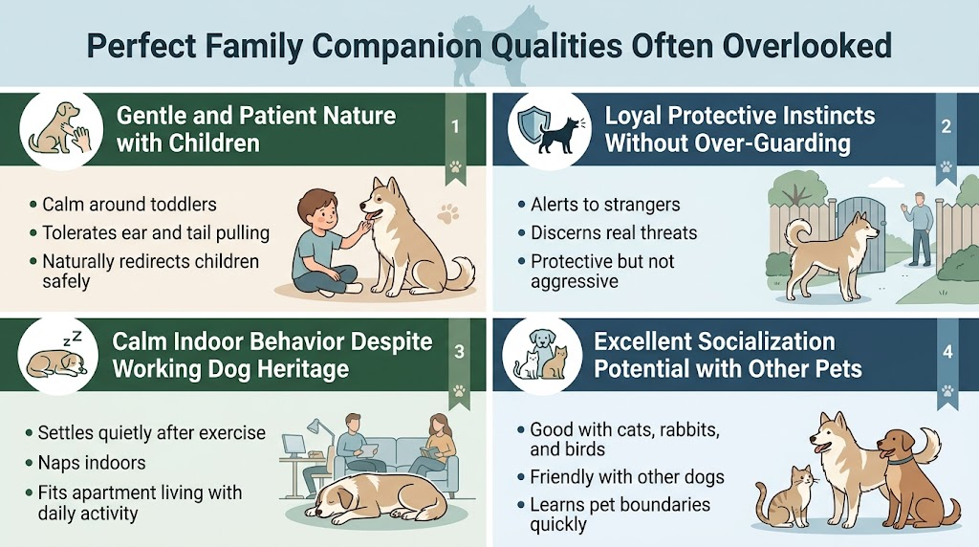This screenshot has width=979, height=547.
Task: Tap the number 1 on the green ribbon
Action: point(455,126)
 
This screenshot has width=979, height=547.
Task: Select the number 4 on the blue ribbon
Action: point(947,352)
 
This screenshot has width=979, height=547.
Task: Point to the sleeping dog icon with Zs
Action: point(55,356)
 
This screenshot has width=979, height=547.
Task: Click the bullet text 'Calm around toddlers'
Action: point(129,205)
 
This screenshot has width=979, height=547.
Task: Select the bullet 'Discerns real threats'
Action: point(614,232)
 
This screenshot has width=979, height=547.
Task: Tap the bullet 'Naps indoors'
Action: point(92,463)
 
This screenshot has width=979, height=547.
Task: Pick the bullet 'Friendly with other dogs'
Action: point(626,477)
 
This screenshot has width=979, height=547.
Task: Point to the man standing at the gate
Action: point(919,227)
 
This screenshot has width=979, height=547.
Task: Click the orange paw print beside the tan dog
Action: point(447,212)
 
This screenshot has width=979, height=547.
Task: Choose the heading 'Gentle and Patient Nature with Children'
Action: point(255,130)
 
